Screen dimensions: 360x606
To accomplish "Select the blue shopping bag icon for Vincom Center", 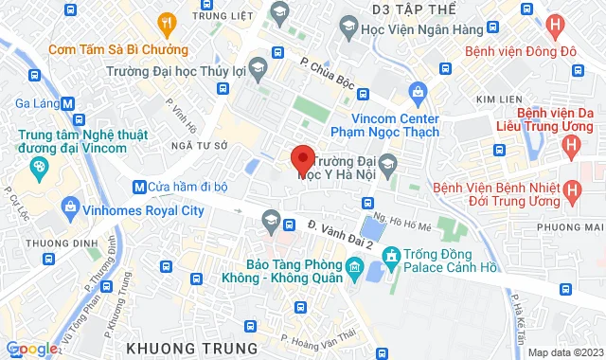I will [x=417, y=92].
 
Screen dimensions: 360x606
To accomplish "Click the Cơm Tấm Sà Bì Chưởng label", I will [x=105, y=47].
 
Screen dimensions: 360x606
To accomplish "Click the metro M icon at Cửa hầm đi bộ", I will [x=139, y=186].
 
